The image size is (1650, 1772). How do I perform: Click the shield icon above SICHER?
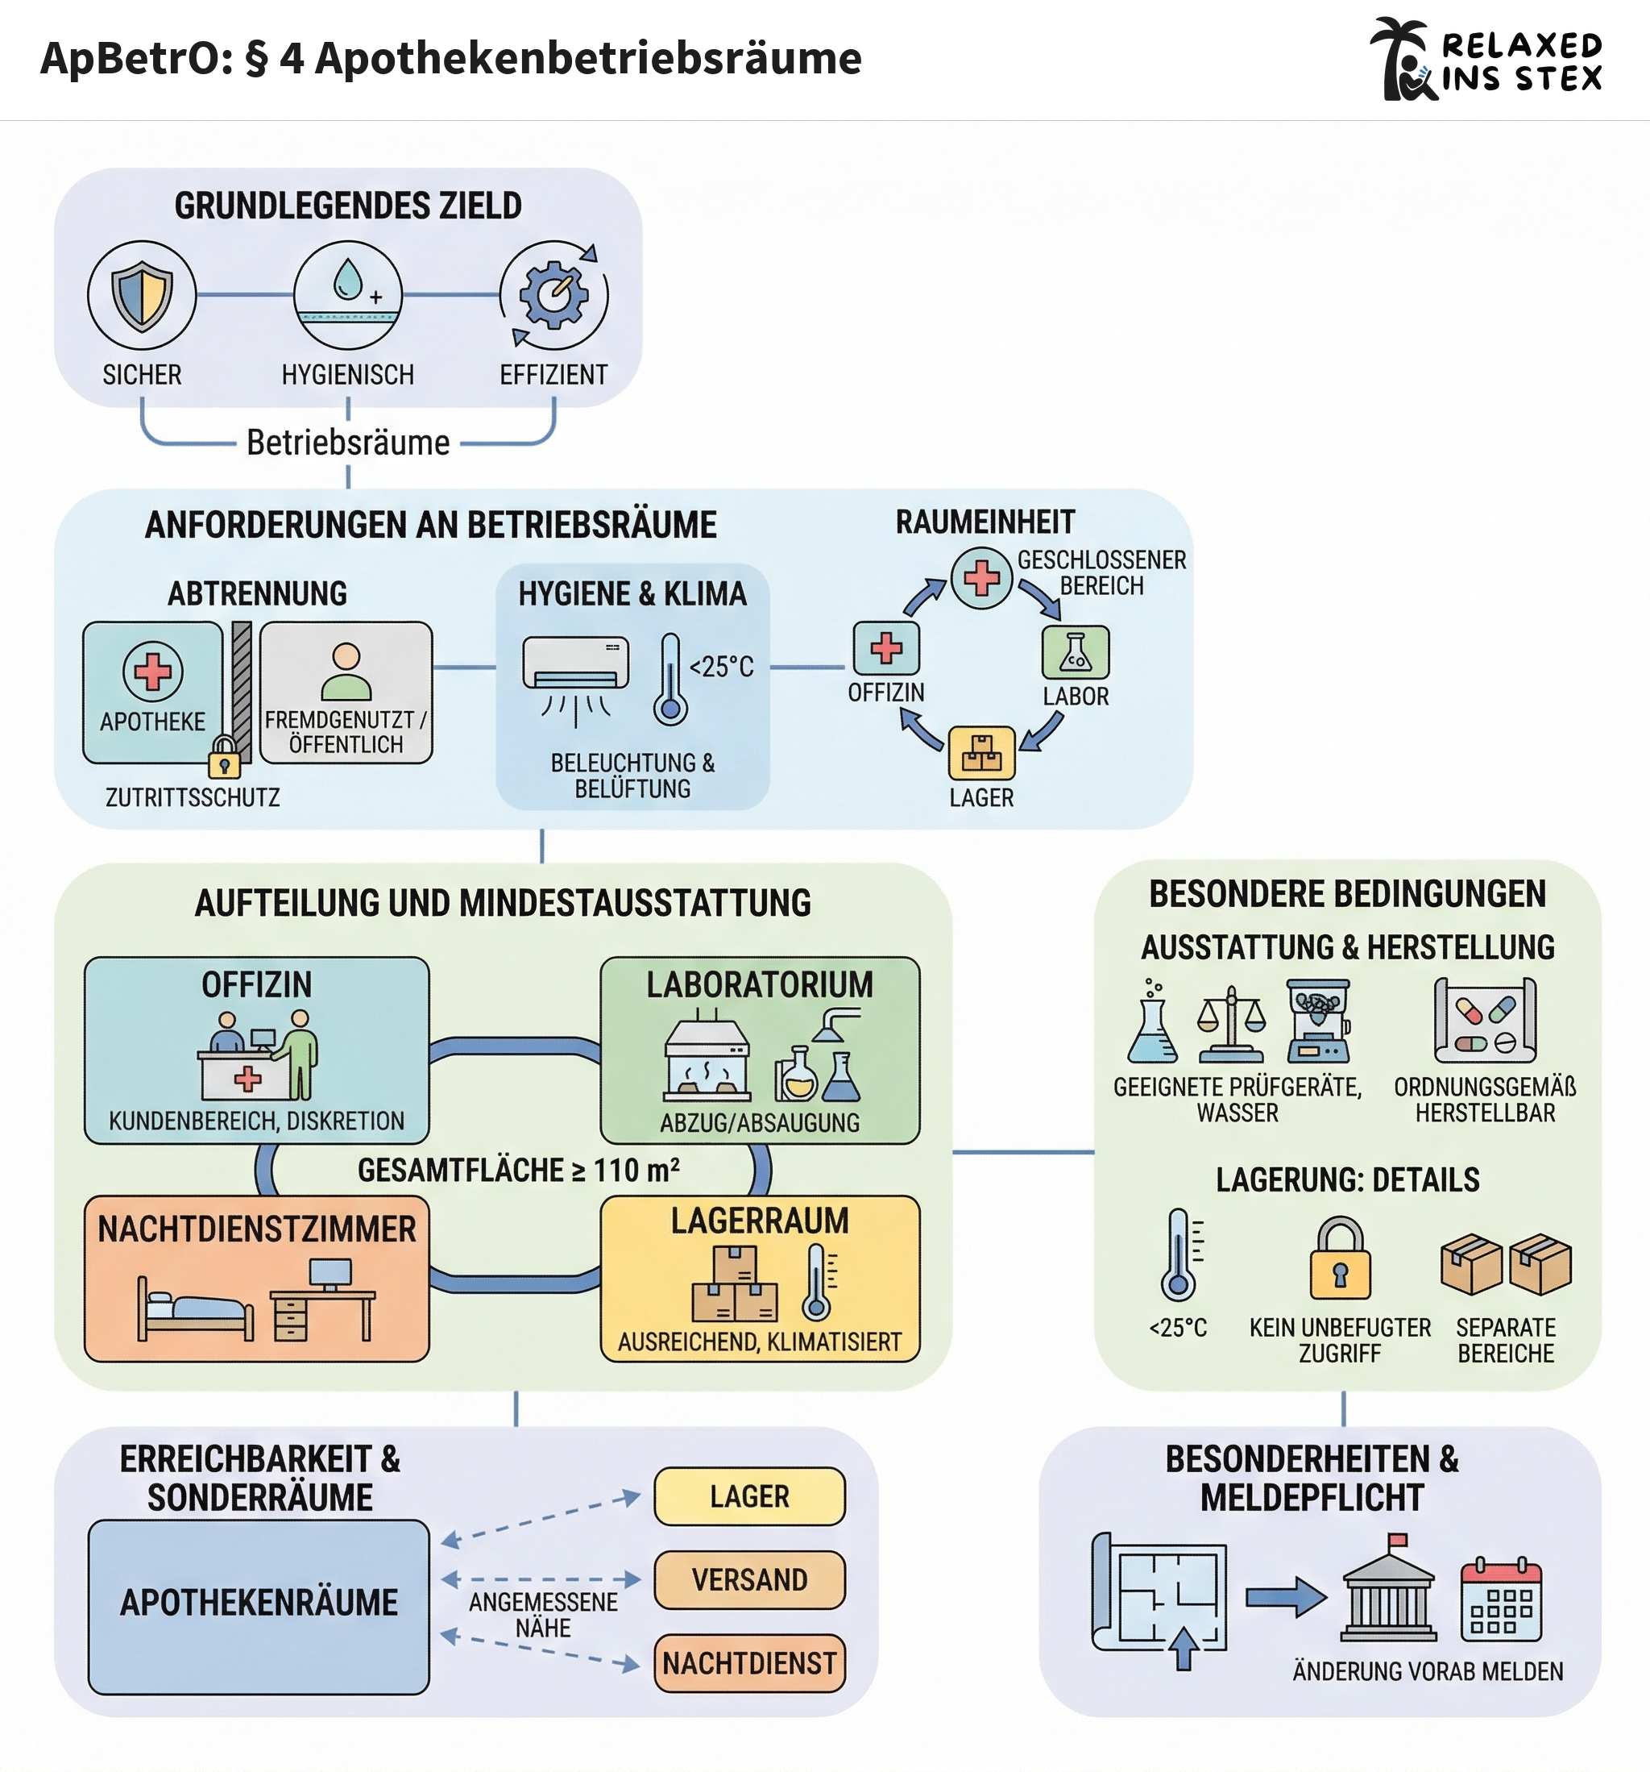[x=142, y=295]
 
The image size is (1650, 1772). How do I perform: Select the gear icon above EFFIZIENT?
[x=554, y=295]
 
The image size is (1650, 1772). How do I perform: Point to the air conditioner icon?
[x=575, y=664]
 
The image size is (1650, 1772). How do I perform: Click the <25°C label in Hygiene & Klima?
[x=722, y=667]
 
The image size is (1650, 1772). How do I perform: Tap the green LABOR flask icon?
[x=1076, y=652]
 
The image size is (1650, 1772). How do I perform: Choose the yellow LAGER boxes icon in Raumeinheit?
[x=981, y=753]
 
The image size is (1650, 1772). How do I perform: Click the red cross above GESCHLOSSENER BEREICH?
[x=982, y=577]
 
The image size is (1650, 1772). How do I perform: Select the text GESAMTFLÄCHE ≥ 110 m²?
[x=519, y=1171]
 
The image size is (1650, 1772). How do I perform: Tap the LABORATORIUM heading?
[x=760, y=985]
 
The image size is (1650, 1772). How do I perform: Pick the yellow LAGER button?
[x=749, y=1496]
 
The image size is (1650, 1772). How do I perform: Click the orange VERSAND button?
[x=749, y=1580]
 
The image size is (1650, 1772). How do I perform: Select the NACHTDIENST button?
[x=749, y=1663]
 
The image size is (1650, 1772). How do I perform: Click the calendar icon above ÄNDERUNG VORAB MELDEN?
[x=1501, y=1600]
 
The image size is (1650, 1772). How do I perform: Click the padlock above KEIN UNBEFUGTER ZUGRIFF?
[x=1340, y=1258]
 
